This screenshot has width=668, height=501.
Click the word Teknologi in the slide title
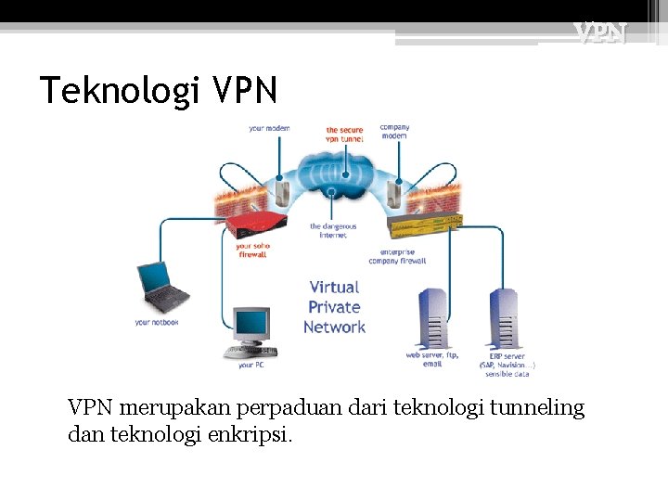[120, 91]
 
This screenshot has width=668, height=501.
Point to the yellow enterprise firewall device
[426, 225]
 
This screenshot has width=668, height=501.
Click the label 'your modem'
[269, 128]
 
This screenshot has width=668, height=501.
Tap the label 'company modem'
[394, 131]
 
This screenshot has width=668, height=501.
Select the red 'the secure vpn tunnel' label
[344, 135]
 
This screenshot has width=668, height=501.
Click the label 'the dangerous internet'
[333, 230]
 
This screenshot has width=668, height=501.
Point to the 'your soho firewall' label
[253, 250]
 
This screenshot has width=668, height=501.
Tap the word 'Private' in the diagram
[334, 307]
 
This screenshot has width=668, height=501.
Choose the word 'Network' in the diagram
[334, 327]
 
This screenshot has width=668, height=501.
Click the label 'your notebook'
[156, 322]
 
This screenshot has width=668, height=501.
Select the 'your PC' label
[251, 365]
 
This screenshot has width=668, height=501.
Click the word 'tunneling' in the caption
[540, 407]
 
